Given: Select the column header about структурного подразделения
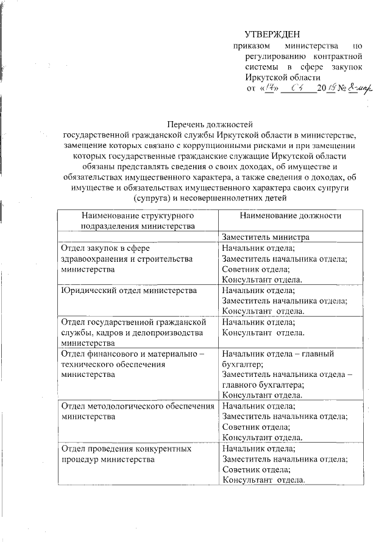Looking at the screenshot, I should (137, 221).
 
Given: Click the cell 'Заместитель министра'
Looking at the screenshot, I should (266, 237).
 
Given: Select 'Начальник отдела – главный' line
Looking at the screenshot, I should (277, 353).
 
